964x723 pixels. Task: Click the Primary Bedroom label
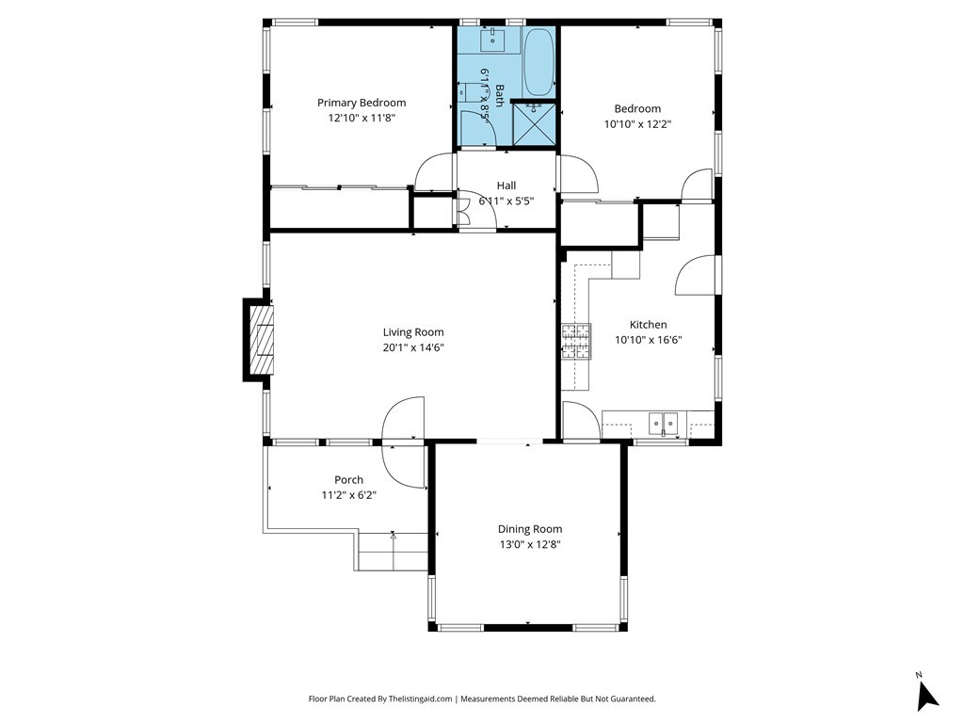coord(361,103)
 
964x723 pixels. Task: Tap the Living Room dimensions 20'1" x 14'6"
coord(413,347)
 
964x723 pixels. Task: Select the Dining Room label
coord(530,529)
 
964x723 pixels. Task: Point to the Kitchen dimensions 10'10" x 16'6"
coord(648,340)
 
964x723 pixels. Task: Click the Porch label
coord(348,479)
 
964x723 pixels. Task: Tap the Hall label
coord(506,185)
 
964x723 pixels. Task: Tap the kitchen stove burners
coord(576,341)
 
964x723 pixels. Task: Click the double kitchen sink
coord(664,423)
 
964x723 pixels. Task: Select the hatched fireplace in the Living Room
coord(262,339)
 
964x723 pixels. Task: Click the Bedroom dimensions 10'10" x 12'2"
coord(637,124)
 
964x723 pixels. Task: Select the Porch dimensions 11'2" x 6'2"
coord(348,495)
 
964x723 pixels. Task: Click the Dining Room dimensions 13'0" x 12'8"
coord(530,544)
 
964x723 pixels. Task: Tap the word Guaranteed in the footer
coord(633,699)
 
